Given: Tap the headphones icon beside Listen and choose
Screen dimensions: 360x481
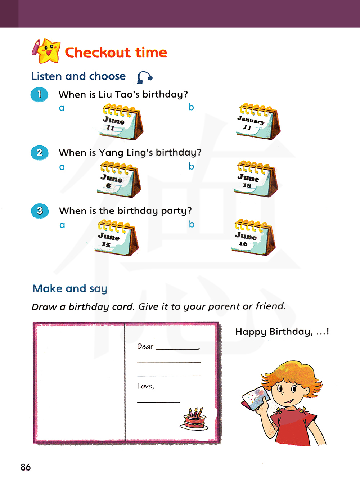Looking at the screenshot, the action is (x=144, y=77).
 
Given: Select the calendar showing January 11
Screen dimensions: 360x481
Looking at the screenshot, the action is (x=258, y=121).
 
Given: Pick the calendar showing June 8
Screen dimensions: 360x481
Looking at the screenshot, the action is (x=119, y=179).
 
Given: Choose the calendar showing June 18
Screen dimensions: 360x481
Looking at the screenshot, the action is (x=256, y=179).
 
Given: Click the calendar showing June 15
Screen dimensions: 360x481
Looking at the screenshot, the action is (x=117, y=238).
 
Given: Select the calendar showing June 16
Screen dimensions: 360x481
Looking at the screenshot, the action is (x=253, y=237).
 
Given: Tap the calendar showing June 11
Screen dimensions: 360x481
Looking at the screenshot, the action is (x=121, y=122).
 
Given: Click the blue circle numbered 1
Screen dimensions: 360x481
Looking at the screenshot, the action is (x=39, y=95).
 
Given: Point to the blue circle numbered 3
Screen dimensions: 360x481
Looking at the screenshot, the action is (x=40, y=211).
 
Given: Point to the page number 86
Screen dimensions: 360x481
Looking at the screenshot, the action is (x=26, y=467).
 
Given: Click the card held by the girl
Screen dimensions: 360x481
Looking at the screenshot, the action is (x=255, y=398).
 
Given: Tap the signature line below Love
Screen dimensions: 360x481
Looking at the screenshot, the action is (x=158, y=402).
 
